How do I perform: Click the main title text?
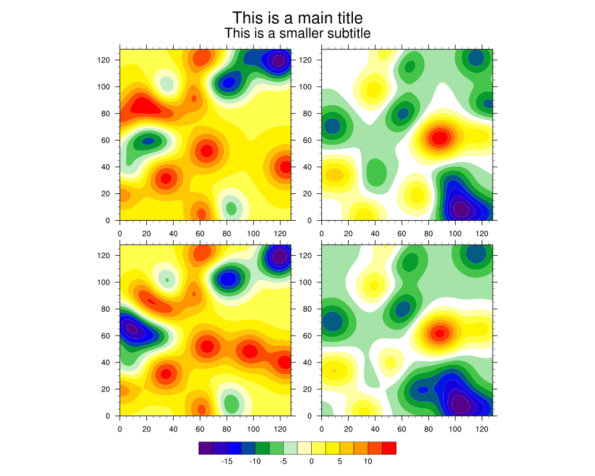coord(297,18)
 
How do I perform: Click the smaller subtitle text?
coord(297,33)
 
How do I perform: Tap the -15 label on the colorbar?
coord(227,461)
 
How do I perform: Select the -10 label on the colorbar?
coord(255,461)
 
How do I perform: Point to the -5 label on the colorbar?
coord(283,461)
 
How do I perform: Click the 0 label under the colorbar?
coord(311,461)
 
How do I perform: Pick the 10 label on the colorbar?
coord(368,461)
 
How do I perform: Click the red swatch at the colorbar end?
coord(389,448)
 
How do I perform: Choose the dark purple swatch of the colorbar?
coord(205,448)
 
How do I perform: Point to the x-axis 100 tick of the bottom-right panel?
coord(455,427)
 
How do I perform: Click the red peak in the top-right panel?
coord(439,138)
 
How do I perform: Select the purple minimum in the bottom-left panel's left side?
coord(131,328)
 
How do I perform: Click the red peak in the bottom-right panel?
coord(439,334)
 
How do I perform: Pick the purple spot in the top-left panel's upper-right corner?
coord(278,60)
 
